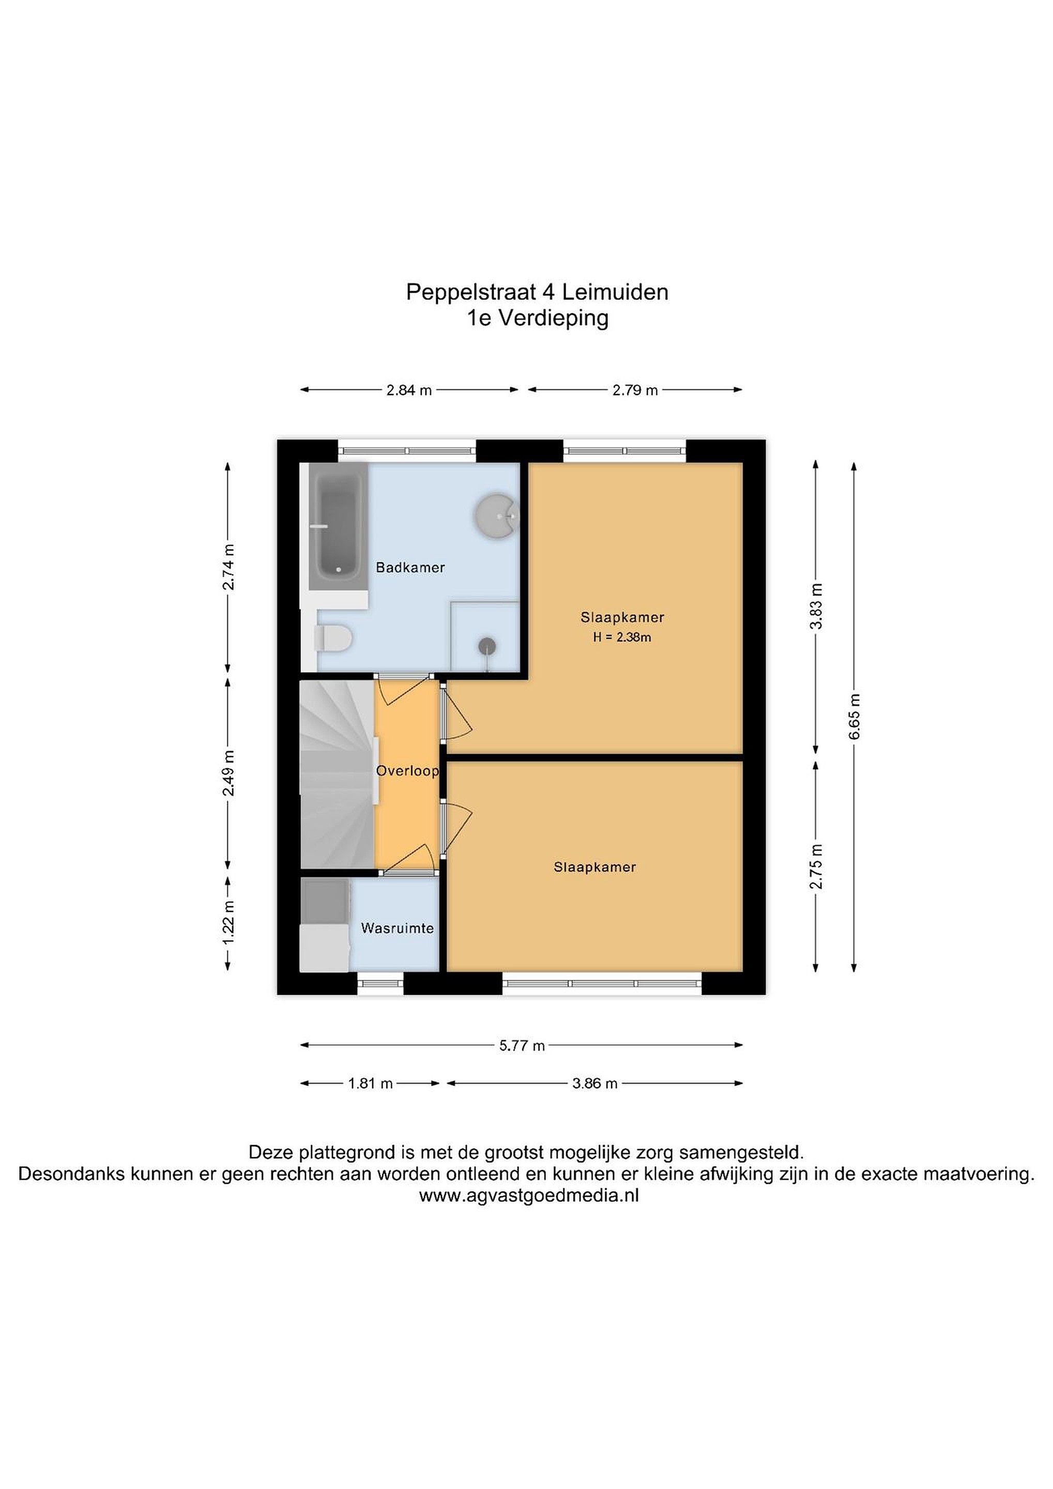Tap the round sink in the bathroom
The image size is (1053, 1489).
(x=497, y=516)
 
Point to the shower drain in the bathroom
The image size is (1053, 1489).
(x=487, y=646)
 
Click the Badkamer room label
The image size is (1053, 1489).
(x=410, y=568)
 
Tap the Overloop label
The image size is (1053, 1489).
(x=407, y=771)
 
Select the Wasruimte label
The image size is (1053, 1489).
(x=398, y=928)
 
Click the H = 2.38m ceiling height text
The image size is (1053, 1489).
(x=622, y=637)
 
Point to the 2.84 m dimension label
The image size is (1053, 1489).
(x=409, y=390)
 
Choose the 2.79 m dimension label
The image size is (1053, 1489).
(x=635, y=390)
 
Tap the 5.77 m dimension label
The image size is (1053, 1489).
(x=522, y=1045)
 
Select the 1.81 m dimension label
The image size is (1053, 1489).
(x=371, y=1083)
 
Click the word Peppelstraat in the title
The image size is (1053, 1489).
(x=471, y=293)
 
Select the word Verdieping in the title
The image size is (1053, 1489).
(x=554, y=319)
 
